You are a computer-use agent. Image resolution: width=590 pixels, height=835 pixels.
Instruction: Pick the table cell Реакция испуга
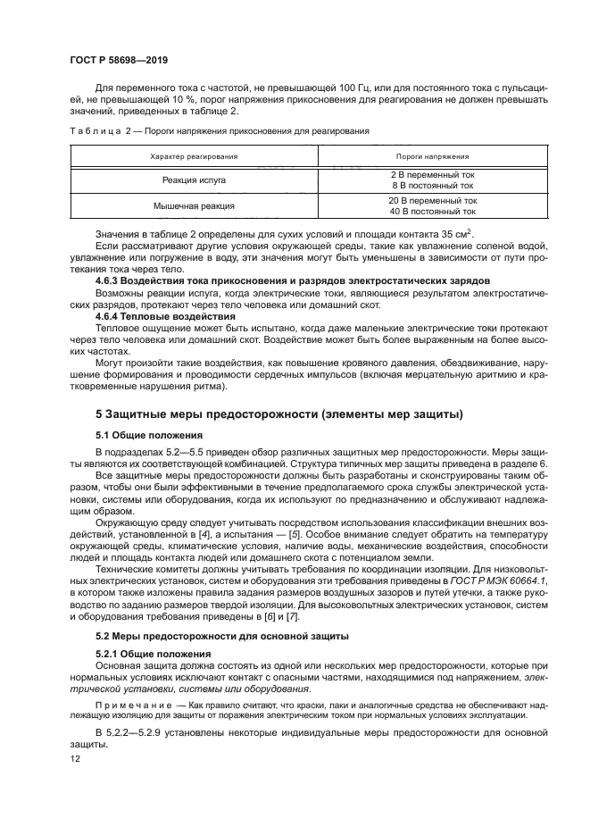point(194,180)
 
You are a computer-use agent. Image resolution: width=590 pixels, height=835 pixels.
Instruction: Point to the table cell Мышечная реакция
point(194,205)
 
